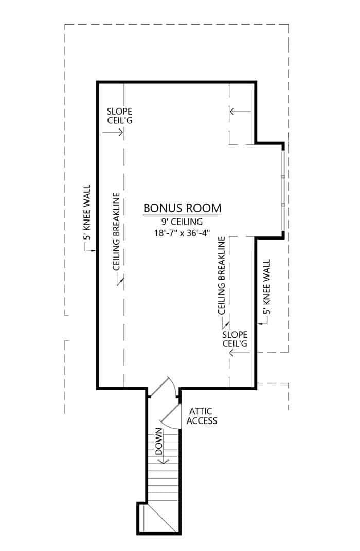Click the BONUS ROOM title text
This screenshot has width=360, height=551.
[182, 208]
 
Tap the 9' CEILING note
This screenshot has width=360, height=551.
[183, 222]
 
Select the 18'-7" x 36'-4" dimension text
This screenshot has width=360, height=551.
[183, 234]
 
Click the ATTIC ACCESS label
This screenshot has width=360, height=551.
[202, 416]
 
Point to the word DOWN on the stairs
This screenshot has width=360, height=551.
[159, 443]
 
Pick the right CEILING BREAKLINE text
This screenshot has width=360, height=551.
[222, 275]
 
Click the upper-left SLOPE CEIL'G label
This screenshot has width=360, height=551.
[119, 116]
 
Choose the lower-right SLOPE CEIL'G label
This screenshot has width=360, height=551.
[235, 339]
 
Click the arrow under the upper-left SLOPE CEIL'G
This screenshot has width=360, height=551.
[113, 132]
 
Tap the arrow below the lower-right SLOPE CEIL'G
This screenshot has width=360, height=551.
[239, 353]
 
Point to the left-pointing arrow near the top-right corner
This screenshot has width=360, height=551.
[240, 111]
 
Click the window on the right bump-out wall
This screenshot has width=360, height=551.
[283, 190]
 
